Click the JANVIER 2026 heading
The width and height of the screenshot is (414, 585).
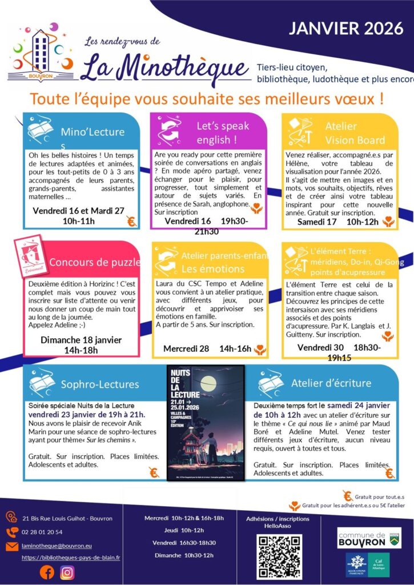(x=346, y=29)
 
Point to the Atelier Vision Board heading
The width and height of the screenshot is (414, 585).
(x=355, y=133)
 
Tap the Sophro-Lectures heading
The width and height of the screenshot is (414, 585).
(x=100, y=384)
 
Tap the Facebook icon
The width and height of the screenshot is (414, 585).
(x=46, y=572)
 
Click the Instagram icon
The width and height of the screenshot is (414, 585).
(x=67, y=572)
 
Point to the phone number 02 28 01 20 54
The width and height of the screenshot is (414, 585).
(x=42, y=532)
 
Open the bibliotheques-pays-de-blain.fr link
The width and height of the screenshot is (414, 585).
(x=71, y=558)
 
